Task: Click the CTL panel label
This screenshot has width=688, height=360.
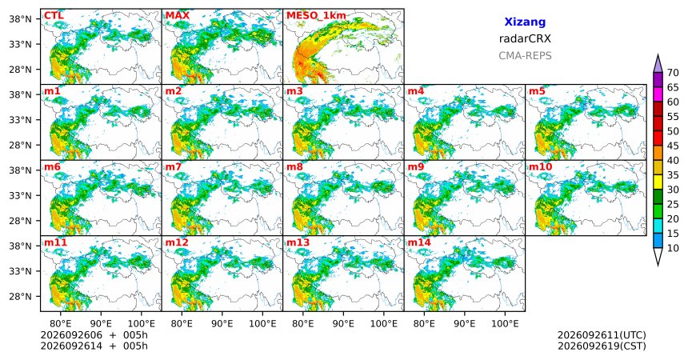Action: point(54,16)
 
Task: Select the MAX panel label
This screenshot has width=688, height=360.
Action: point(178,16)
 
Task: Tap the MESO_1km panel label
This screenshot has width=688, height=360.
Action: point(316,16)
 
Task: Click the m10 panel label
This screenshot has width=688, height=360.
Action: point(540,167)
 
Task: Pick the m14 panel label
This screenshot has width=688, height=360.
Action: point(419,242)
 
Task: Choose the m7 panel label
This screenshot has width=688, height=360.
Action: point(174,167)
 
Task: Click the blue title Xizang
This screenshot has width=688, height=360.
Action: point(525,22)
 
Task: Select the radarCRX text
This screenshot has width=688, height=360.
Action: point(525,38)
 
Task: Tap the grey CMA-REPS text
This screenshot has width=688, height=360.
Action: point(525,56)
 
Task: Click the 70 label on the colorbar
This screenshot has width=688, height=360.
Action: point(673,73)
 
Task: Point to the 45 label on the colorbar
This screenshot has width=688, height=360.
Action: point(673,146)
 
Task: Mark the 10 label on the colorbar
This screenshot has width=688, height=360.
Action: point(673,249)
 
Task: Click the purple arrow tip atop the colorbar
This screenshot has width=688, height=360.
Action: point(658,55)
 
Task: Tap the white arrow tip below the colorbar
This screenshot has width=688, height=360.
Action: point(658,265)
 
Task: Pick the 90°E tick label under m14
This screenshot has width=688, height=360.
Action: point(465,324)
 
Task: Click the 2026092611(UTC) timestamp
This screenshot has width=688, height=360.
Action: point(602,335)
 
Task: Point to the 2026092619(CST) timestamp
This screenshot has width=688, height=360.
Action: point(602,346)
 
